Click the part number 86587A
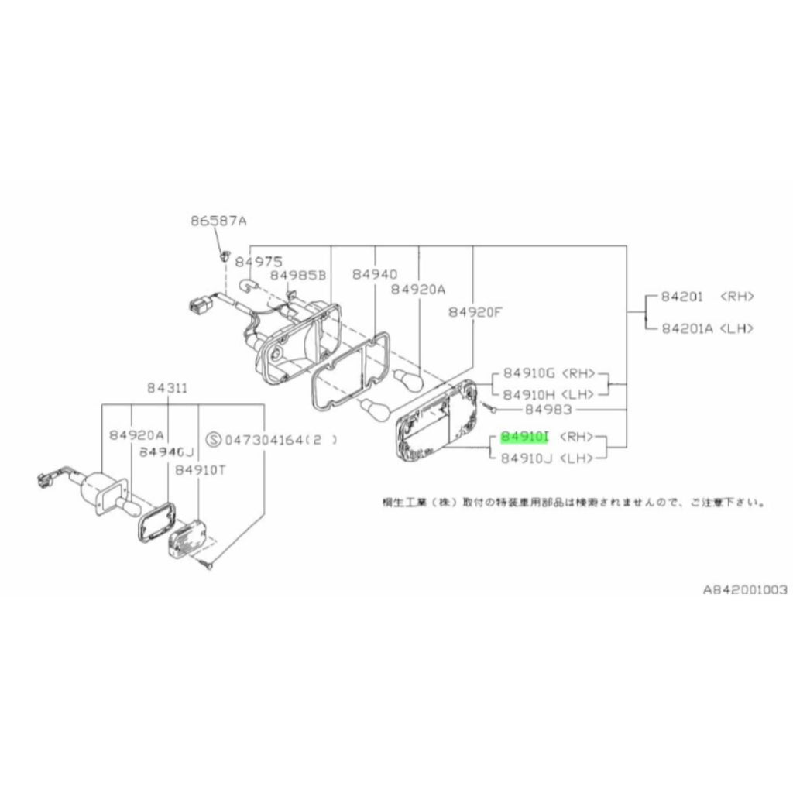point(218,221)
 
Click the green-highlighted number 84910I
point(524,437)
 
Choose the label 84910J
point(525,458)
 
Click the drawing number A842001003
point(744,589)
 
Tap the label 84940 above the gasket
point(374,274)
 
